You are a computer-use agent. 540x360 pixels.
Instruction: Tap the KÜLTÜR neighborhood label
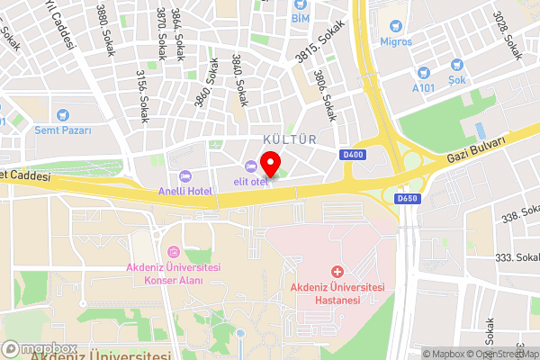[290, 139]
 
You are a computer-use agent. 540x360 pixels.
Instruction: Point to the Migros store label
[396, 41]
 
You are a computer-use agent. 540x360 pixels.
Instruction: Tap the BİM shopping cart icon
[299, 4]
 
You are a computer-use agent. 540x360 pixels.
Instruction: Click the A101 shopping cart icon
[423, 71]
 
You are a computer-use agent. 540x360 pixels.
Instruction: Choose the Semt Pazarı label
[62, 130]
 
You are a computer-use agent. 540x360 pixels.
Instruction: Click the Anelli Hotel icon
[184, 175]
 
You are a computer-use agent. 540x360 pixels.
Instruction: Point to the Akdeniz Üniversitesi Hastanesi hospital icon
[337, 271]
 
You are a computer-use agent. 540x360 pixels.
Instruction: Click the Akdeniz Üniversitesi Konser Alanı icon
[174, 251]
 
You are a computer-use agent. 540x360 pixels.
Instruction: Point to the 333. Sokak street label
[516, 257]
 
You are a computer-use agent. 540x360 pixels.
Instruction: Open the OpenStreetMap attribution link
[499, 354]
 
